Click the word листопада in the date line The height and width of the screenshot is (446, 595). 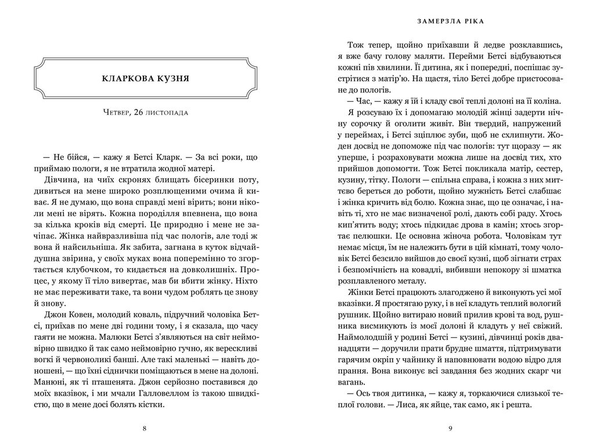(x=171, y=112)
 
